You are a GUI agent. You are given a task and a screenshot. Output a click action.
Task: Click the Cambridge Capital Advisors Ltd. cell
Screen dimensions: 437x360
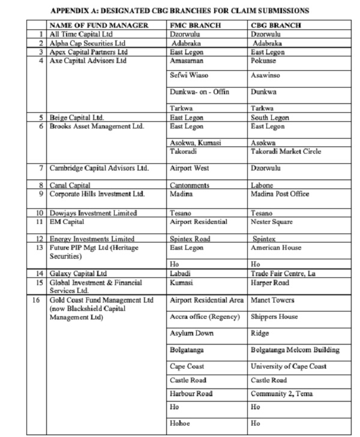[98, 169]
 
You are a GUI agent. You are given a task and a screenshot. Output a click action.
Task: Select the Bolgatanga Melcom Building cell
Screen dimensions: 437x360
[295, 349]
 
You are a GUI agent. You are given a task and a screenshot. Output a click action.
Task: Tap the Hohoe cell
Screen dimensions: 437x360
[181, 423]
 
